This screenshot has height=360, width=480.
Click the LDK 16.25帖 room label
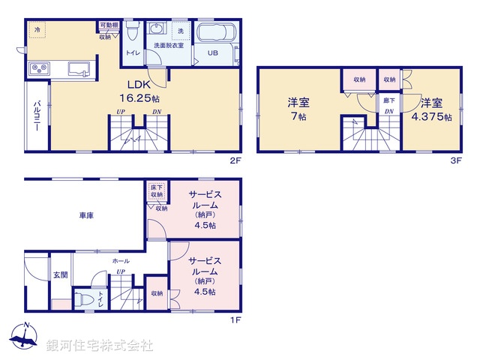click(x=140, y=91)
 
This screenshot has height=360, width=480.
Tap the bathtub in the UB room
click(x=217, y=34)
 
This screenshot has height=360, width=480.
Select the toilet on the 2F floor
click(x=133, y=31)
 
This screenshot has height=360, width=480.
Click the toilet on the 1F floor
click(x=88, y=300)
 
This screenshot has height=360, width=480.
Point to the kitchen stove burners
click(x=39, y=69)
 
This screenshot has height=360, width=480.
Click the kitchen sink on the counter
click(x=78, y=69)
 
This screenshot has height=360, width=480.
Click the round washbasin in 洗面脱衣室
click(x=157, y=30)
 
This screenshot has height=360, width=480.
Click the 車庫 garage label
click(x=87, y=215)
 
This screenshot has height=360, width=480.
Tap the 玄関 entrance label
click(x=60, y=275)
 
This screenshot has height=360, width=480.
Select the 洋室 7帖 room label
click(x=298, y=109)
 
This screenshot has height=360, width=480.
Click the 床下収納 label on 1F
click(x=155, y=190)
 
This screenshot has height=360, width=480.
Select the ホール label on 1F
click(x=121, y=261)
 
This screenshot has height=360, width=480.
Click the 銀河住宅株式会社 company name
click(x=99, y=346)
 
